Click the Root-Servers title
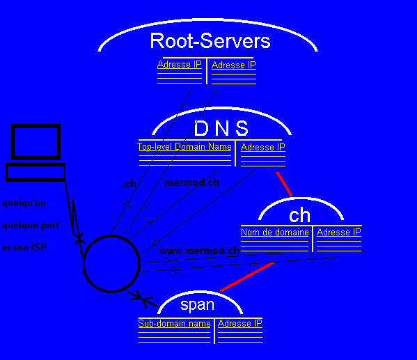210,41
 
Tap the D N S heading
221,128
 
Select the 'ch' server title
299,214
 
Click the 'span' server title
197,304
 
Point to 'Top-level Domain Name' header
184,147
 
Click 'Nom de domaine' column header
274,232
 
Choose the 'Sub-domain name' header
174,323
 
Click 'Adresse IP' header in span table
239,323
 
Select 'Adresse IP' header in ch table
339,232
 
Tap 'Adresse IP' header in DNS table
262,147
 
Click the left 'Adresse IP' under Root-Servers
179,65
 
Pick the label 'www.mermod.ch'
200,251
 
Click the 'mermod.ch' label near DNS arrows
192,183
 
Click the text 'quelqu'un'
24,203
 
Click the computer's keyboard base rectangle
36,171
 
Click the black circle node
111,264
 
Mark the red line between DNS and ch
284,184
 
